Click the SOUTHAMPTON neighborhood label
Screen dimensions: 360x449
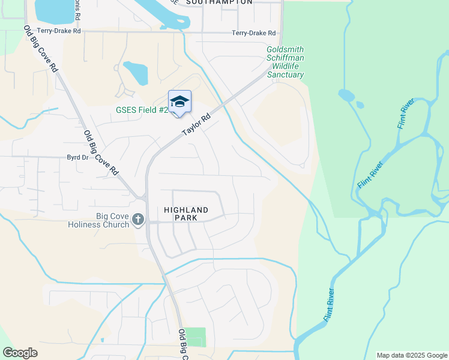pyautogui.click(x=219, y=2)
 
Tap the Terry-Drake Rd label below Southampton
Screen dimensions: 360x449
pyautogui.click(x=255, y=34)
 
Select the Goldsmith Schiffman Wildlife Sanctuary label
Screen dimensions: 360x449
pyautogui.click(x=285, y=62)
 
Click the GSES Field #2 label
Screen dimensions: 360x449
pyautogui.click(x=142, y=110)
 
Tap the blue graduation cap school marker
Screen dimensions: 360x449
pyautogui.click(x=179, y=101)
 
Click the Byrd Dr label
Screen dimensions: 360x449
pyautogui.click(x=77, y=157)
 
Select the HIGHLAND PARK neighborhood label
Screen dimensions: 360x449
pyautogui.click(x=186, y=214)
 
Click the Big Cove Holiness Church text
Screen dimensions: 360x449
pyautogui.click(x=113, y=220)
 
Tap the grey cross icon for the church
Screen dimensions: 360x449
pyautogui.click(x=139, y=220)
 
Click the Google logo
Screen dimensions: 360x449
pyautogui.click(x=20, y=353)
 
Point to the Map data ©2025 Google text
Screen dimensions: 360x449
pyautogui.click(x=411, y=355)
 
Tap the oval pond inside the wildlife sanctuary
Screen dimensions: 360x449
pyautogui.click(x=346, y=95)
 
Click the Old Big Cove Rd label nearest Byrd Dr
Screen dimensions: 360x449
pyautogui.click(x=101, y=152)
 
